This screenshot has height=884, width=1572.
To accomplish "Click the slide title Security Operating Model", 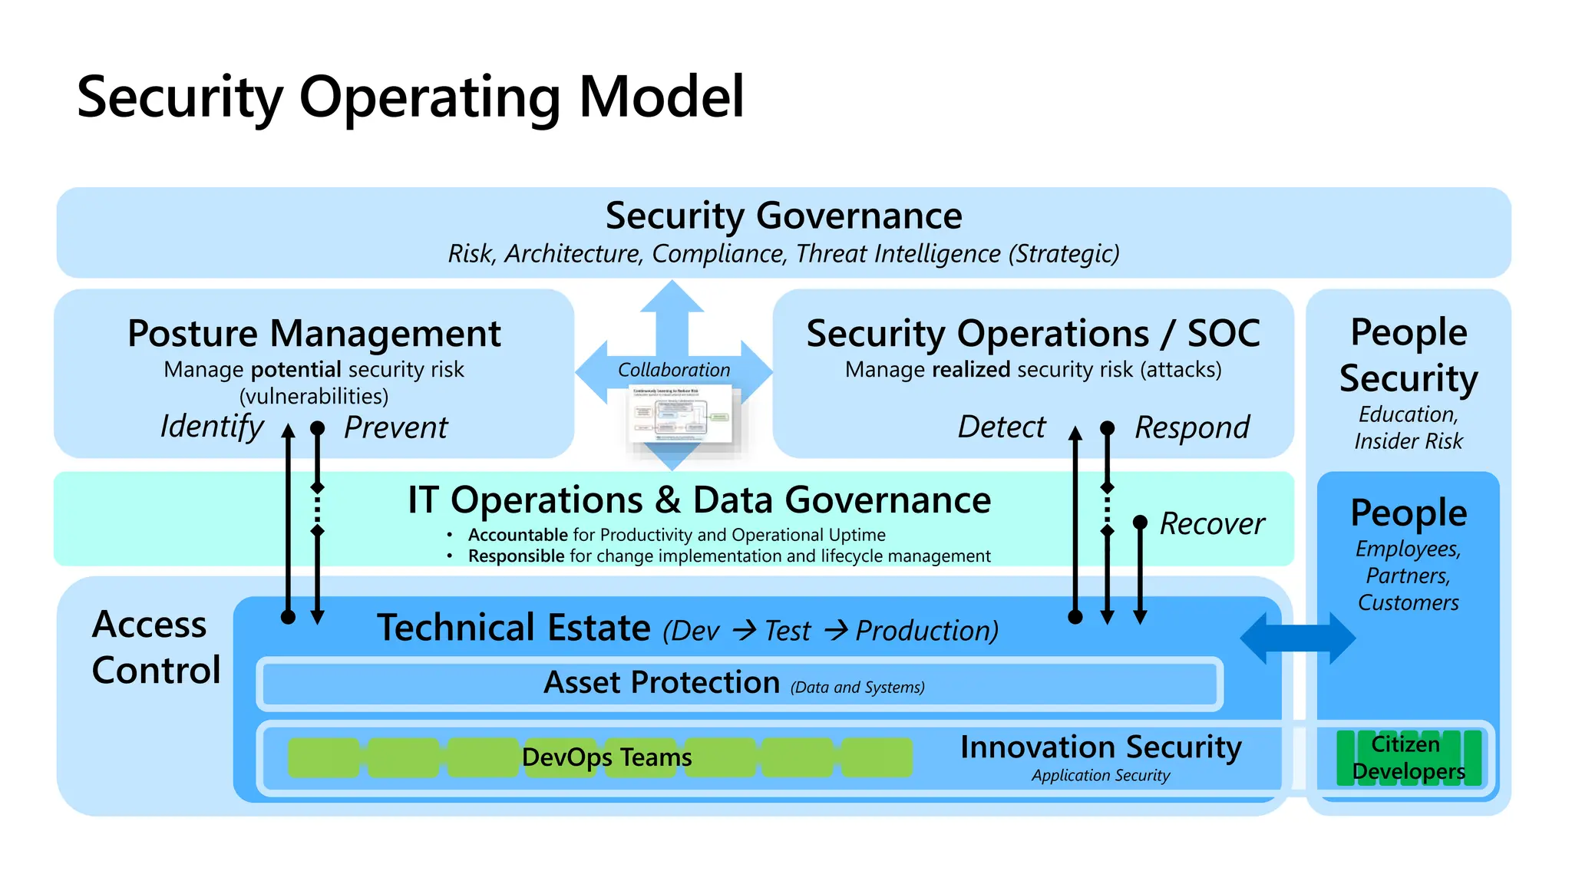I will pos(411,97).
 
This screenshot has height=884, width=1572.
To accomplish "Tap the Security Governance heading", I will pos(783,216).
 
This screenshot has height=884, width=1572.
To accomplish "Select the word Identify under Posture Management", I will pos(212,427).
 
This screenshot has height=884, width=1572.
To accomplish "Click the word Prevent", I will pos(395,427).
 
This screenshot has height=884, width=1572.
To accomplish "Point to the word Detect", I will pos(1001,427).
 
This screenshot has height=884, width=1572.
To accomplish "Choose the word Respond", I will pos(1192,427).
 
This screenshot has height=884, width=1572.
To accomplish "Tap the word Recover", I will pos(1211,524).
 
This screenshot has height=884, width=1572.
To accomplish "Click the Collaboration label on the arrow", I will pos(673,370).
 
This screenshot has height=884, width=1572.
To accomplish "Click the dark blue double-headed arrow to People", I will pos(1297,638).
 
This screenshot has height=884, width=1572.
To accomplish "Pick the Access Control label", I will pos(156,647).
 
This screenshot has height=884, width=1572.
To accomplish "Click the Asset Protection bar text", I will pos(662,682).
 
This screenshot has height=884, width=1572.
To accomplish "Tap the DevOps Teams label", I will pos(606,757).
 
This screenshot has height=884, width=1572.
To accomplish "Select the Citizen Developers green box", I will pos(1408,757).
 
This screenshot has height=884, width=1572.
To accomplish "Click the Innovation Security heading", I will pos(1100,747).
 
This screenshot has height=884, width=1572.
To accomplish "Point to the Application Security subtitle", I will pos(1100,776).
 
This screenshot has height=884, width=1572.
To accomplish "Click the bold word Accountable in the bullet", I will pos(517,535).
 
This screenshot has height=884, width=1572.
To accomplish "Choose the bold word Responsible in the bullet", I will pos(516,556).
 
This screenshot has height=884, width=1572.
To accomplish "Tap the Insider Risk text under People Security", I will pos(1408,441).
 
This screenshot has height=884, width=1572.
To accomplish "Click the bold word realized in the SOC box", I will pos(970,370).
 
